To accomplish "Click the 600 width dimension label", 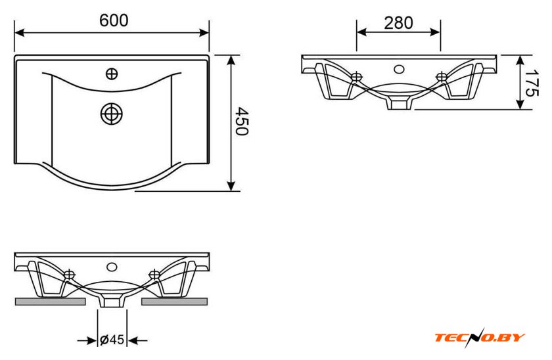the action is [x=114, y=20].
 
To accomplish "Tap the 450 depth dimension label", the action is [x=242, y=122].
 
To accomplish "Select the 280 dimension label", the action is [x=398, y=23].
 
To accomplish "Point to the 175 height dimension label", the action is [x=531, y=83].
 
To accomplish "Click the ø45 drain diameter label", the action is [x=112, y=340].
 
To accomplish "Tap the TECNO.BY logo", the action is [x=480, y=338].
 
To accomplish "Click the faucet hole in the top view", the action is [x=112, y=74].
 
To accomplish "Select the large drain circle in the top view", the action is [x=112, y=114].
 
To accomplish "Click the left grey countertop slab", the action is [x=50, y=302].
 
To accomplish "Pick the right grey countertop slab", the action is [x=174, y=302].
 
